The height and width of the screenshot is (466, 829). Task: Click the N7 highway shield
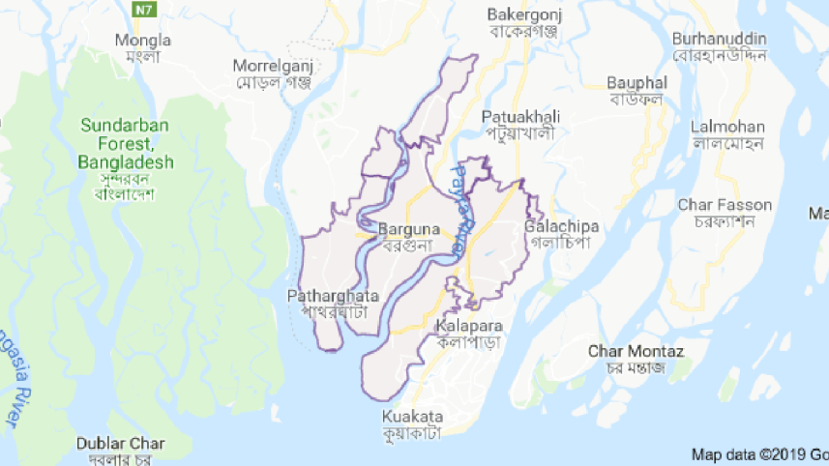pos(143,10)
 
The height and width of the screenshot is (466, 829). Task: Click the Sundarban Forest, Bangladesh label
pos(127,144)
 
